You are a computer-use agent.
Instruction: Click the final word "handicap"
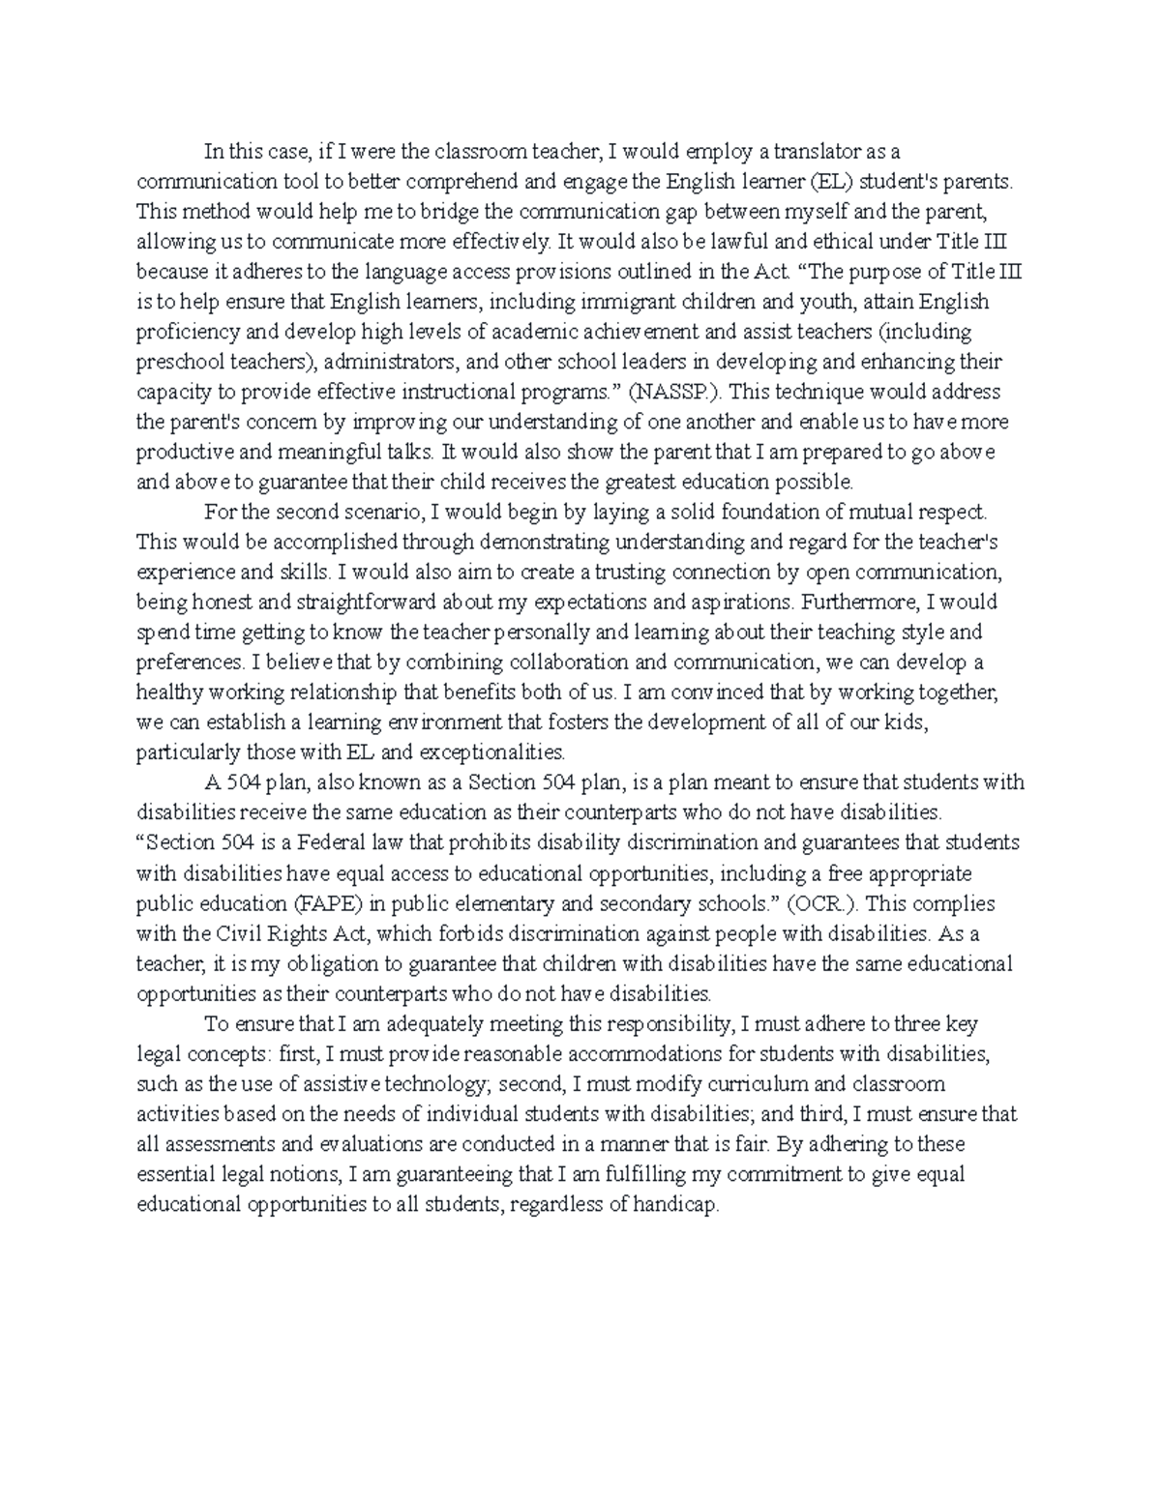(679, 1204)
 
